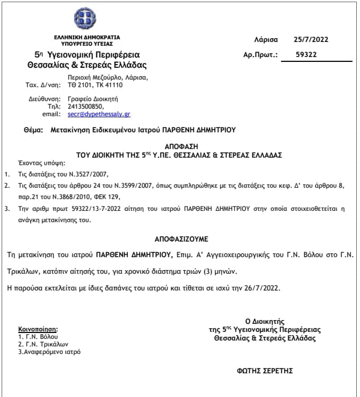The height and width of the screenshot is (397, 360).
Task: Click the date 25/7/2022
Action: point(311,39)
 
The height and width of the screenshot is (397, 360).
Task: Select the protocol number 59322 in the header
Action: point(307,54)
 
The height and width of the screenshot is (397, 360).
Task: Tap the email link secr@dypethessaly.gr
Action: point(99,114)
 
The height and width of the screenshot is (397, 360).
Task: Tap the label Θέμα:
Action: point(33,130)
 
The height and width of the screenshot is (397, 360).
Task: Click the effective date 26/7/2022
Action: point(262,288)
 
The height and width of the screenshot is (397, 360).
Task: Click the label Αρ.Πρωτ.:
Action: point(261,54)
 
